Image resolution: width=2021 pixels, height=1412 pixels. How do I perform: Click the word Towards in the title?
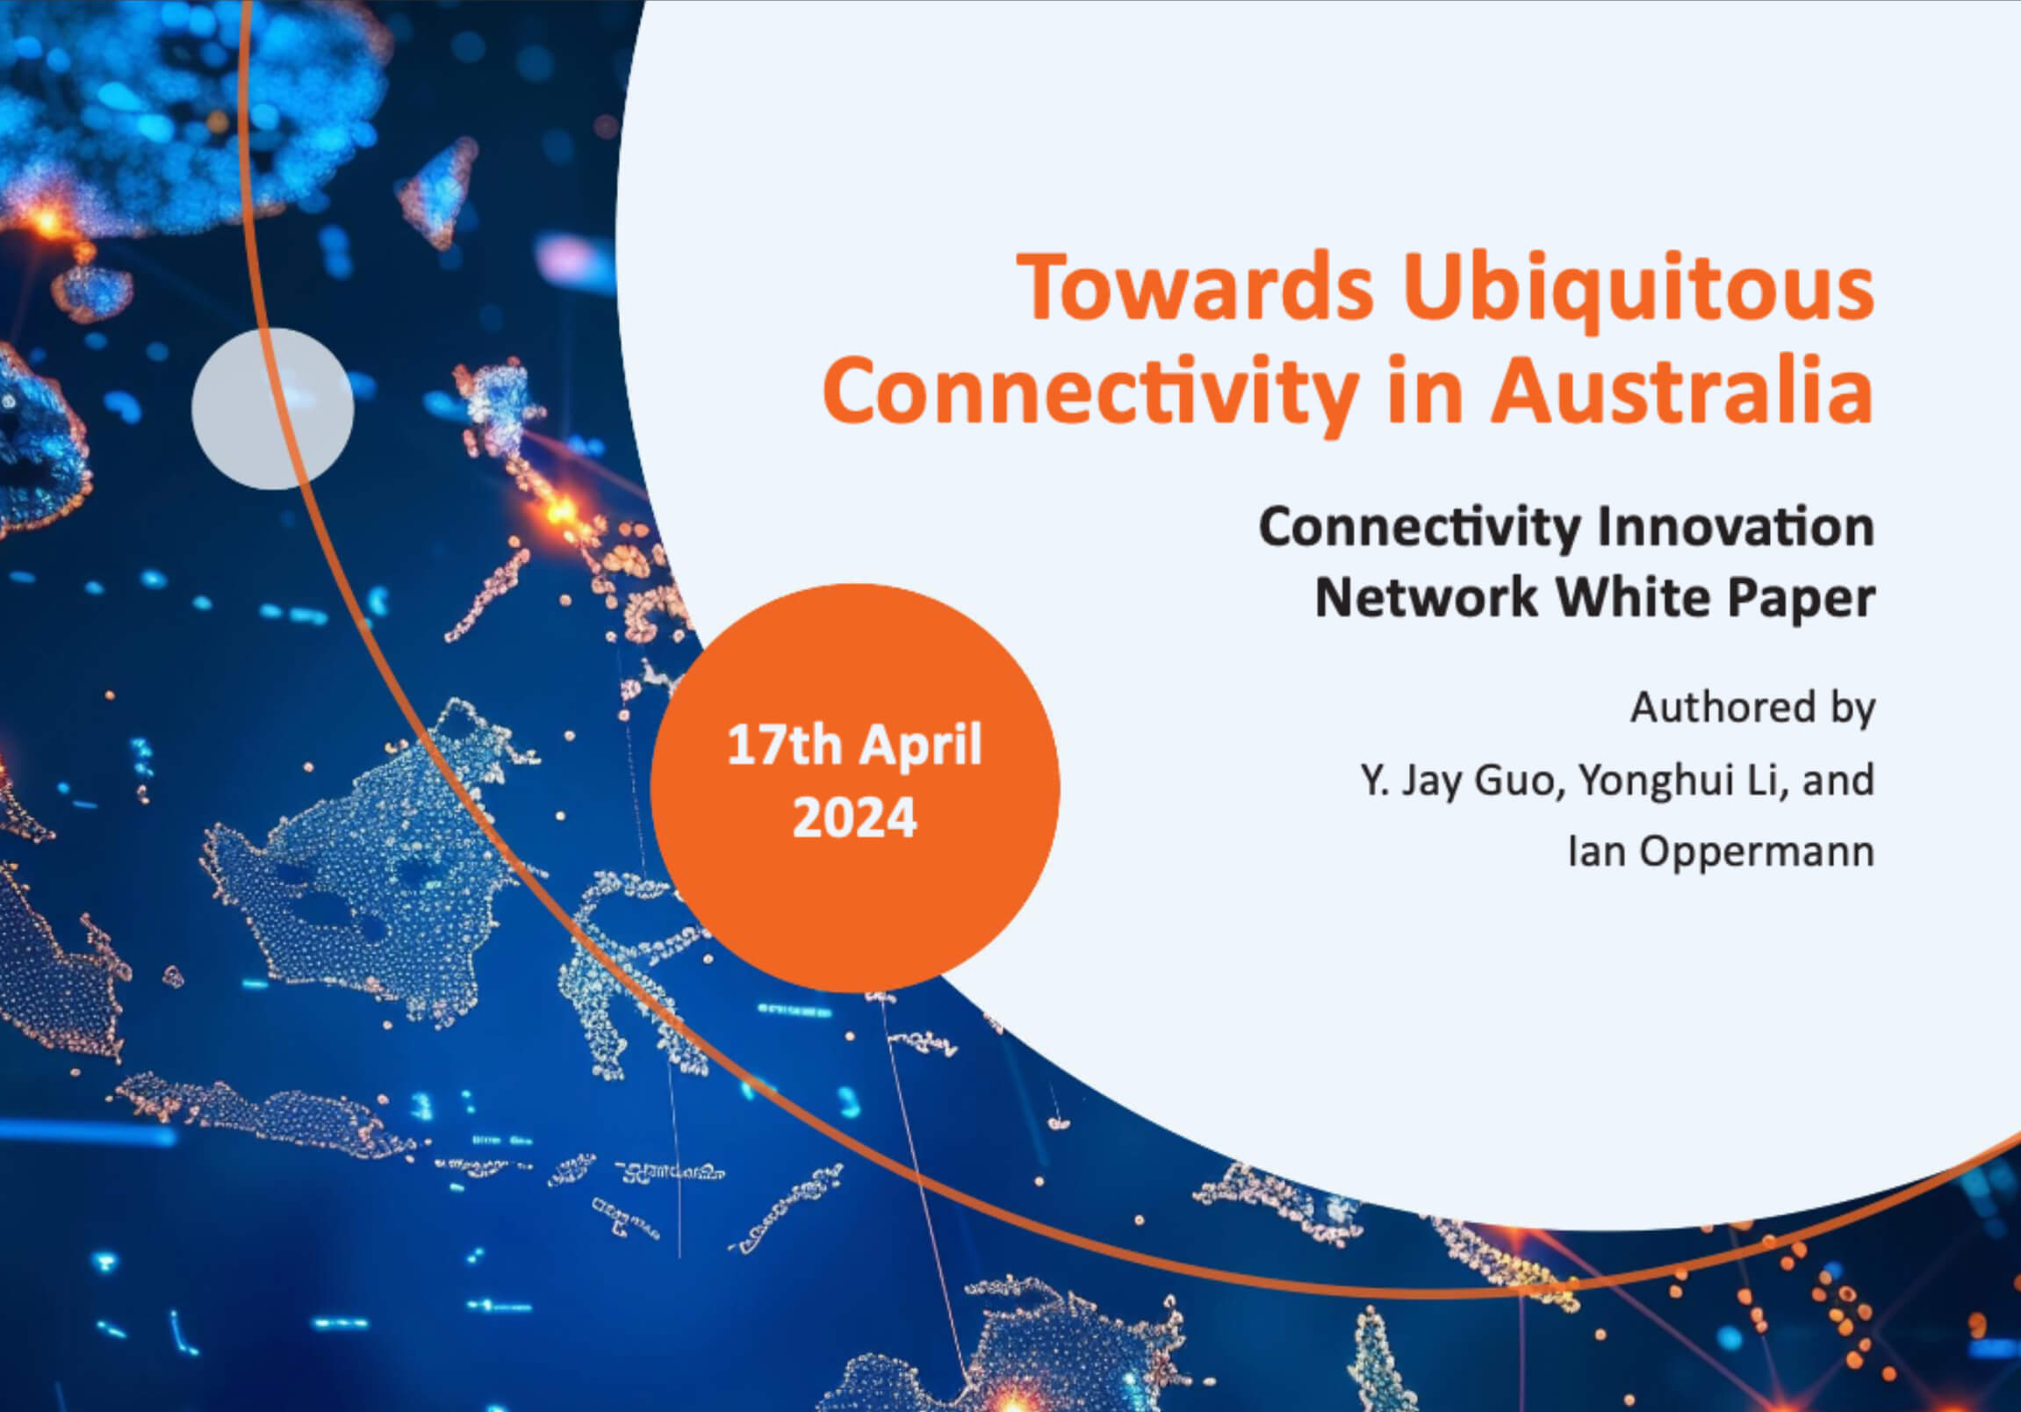[1195, 288]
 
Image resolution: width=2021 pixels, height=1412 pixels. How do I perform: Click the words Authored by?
[1751, 709]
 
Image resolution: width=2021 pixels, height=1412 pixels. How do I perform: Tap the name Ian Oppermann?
[1721, 851]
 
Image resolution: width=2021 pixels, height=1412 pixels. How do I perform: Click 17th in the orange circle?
[784, 746]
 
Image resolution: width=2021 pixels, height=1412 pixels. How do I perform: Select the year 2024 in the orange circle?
[854, 818]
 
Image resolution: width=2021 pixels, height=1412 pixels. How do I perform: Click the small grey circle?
[273, 408]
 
